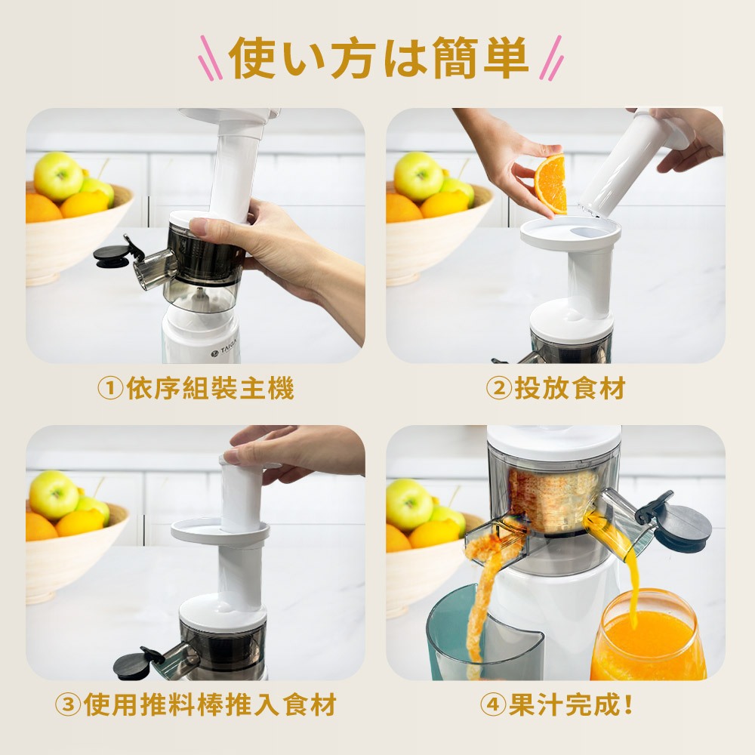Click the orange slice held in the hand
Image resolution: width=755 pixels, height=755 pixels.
coord(552,184)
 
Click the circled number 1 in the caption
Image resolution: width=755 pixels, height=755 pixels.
coord(111,388)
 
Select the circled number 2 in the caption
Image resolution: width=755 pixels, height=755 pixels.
coord(499,388)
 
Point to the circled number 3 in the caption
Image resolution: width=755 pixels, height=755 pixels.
coord(69,704)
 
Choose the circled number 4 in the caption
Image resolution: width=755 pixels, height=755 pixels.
coord(494,704)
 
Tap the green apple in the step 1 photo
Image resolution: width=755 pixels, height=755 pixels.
coord(58,176)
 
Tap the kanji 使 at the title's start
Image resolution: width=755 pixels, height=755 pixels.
coord(252,58)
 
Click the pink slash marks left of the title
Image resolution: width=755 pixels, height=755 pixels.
coord(211,58)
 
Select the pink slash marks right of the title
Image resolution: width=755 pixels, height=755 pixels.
coord(550,58)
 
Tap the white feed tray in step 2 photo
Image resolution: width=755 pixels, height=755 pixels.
coord(570,232)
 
